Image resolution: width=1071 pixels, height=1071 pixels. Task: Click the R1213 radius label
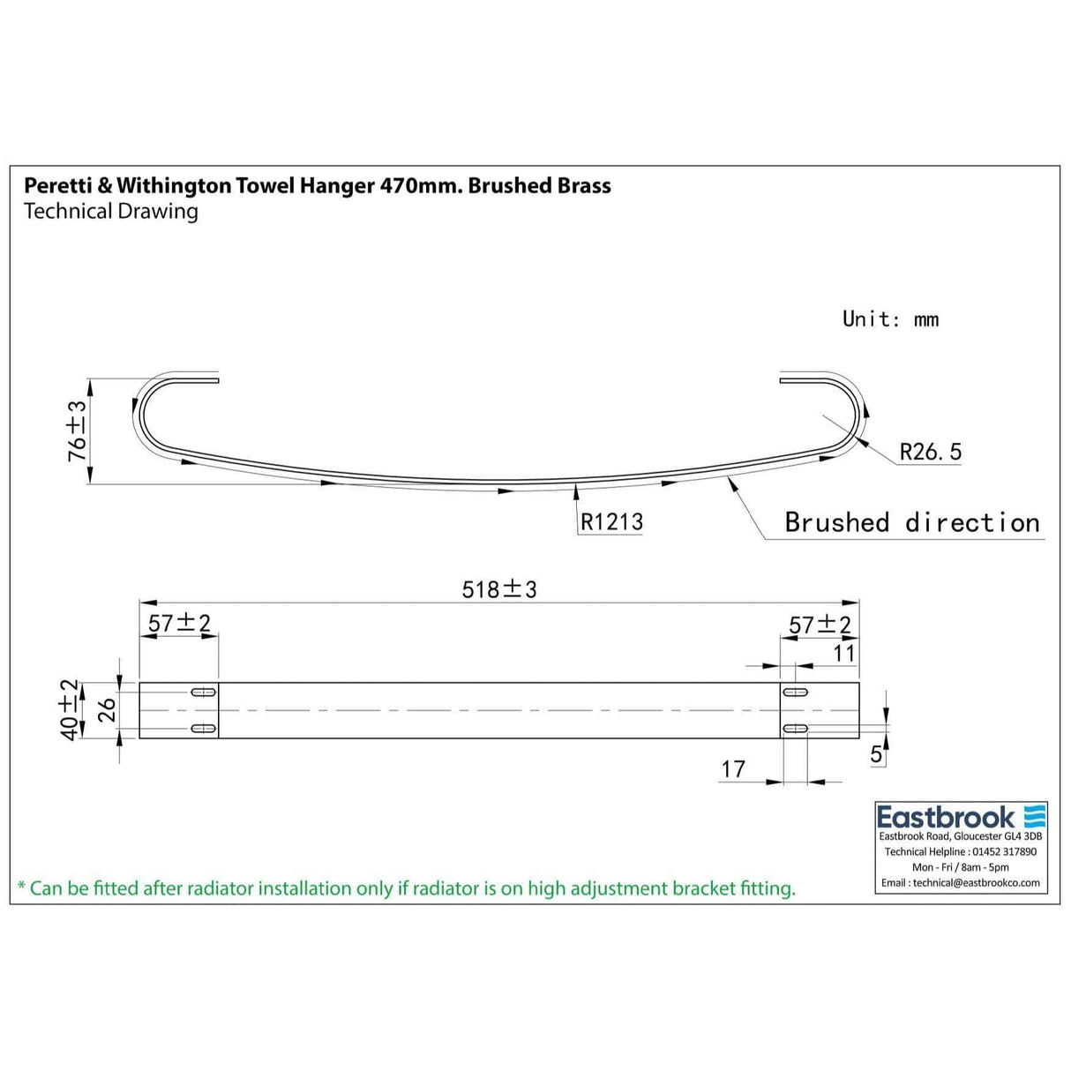611,521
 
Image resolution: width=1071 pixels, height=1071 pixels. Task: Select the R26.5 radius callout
930,452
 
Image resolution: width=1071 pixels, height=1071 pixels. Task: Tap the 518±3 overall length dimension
499,588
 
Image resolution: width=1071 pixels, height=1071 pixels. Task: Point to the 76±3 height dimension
78,431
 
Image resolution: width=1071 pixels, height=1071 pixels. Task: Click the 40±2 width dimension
69,710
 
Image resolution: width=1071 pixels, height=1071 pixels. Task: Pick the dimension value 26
106,710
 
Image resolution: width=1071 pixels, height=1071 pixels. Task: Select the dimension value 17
733,769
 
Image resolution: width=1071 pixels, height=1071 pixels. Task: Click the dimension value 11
844,653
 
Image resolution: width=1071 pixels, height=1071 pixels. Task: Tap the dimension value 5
876,754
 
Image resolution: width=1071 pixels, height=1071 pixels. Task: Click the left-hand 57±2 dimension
179,623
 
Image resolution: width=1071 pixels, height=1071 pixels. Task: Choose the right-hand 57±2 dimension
820,625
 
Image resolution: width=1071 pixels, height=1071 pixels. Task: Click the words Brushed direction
912,522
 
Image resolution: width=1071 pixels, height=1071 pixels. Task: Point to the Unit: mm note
890,318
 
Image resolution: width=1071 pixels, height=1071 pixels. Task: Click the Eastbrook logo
961,816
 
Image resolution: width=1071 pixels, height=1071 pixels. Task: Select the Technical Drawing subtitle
111,211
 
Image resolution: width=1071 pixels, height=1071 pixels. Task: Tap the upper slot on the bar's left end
204,692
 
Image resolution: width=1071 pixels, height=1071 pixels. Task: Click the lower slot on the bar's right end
795,729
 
